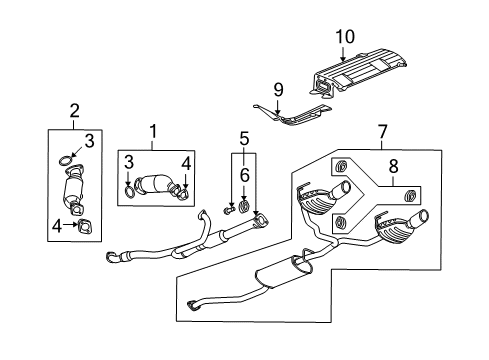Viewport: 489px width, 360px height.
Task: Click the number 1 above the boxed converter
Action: [153, 131]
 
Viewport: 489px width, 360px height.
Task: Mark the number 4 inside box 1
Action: [185, 163]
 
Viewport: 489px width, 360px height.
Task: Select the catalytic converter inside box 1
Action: [156, 185]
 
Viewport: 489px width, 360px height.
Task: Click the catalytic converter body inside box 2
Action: [72, 190]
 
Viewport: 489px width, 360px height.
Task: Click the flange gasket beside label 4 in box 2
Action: [84, 226]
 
